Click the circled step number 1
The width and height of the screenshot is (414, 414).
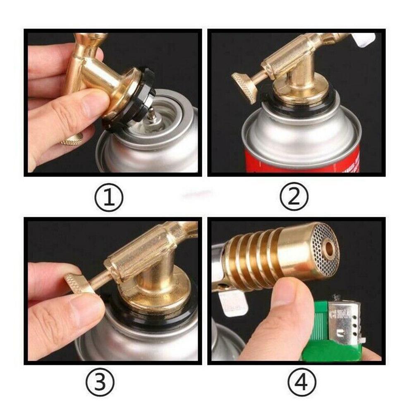[x=108, y=197]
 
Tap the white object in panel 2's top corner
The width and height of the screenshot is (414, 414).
[x=364, y=40]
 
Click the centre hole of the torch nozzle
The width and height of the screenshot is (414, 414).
[x=329, y=248]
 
